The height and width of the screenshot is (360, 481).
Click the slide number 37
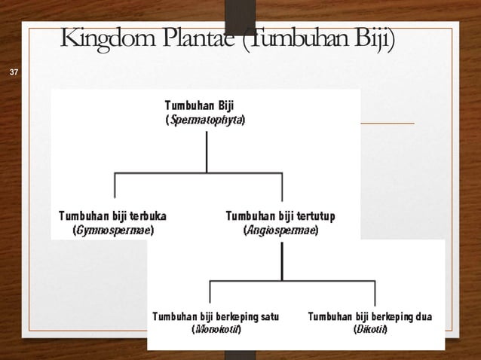pyautogui.click(x=12, y=72)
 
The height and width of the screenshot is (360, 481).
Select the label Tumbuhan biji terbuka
pyautogui.click(x=113, y=216)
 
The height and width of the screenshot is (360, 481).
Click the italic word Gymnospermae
pyautogui.click(x=113, y=230)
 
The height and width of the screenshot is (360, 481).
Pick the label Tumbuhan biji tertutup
pyautogui.click(x=280, y=216)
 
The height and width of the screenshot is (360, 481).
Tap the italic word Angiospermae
pyautogui.click(x=281, y=230)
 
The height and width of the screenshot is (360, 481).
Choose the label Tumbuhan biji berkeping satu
pyautogui.click(x=215, y=316)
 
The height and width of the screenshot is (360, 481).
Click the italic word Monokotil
pyautogui.click(x=216, y=330)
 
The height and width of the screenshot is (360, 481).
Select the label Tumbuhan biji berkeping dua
pyautogui.click(x=369, y=316)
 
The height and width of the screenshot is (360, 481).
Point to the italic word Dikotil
pyautogui.click(x=370, y=330)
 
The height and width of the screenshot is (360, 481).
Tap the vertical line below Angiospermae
pyautogui.click(x=282, y=260)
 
